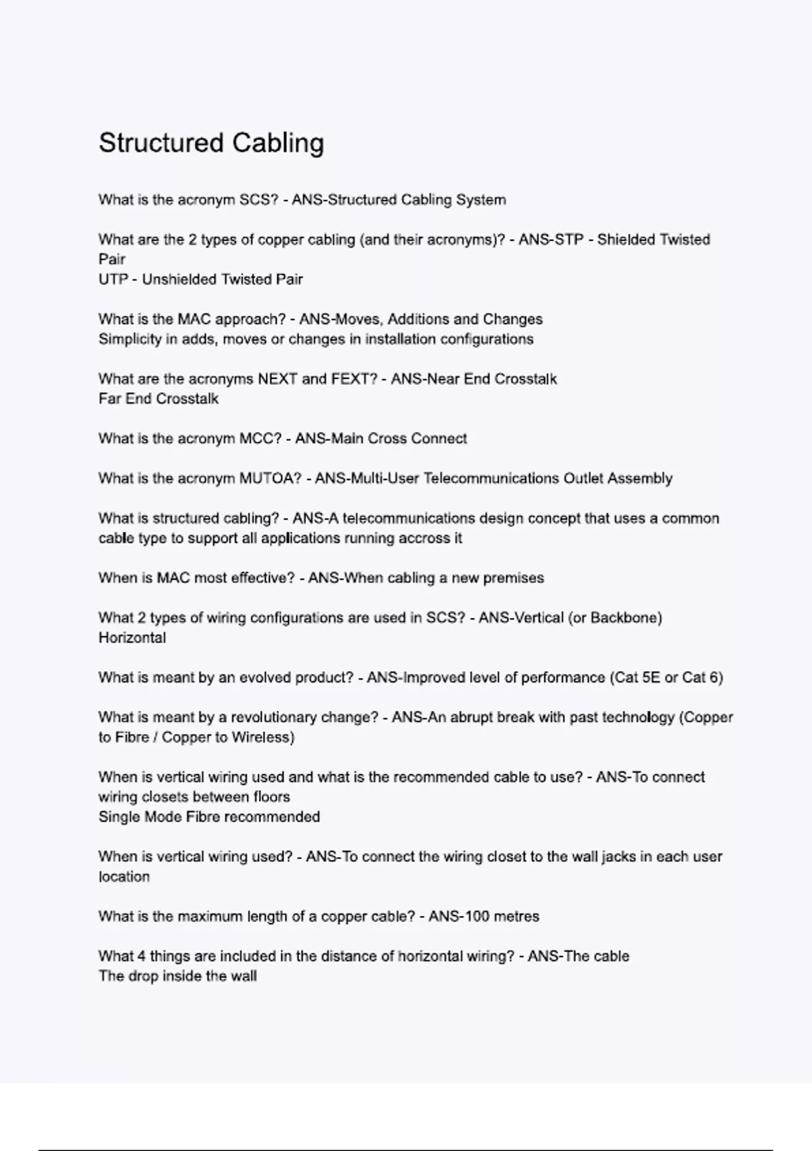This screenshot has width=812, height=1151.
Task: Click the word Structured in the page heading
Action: (161, 144)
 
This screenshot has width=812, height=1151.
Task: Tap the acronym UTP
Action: (113, 280)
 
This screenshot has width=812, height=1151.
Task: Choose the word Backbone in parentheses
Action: (625, 618)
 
